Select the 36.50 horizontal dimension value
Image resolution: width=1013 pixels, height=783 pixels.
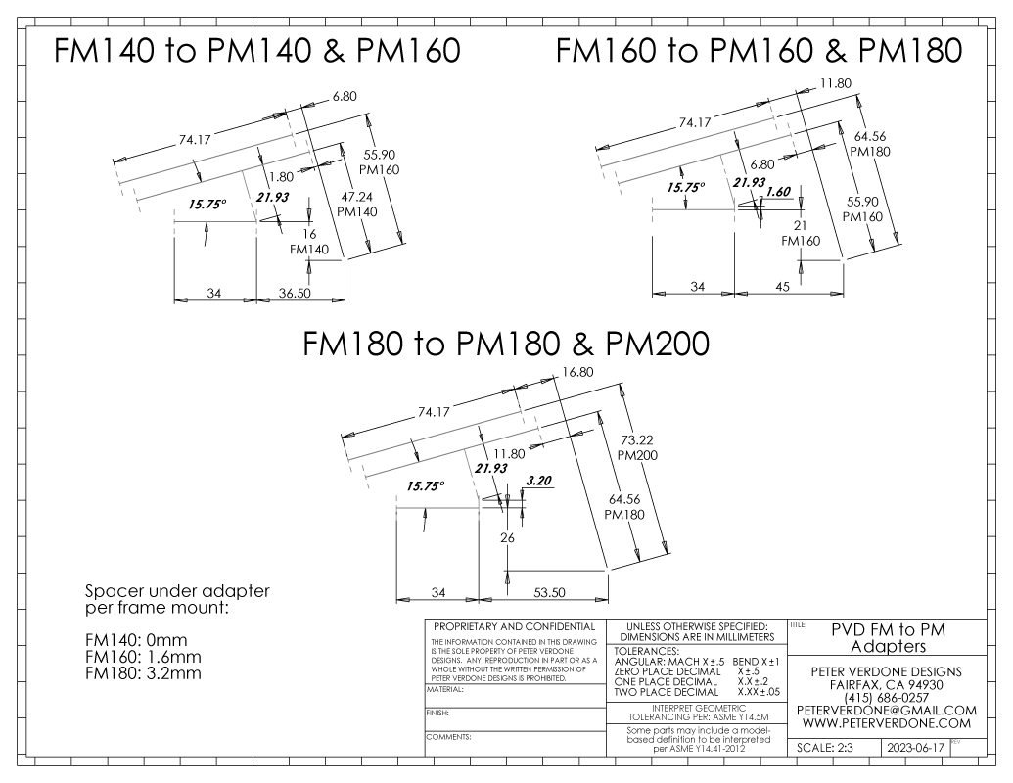299,293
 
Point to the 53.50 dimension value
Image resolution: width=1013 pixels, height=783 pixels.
539,594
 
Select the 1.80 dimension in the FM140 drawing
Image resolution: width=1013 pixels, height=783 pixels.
282,177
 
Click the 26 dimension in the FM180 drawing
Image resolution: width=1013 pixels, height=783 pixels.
507,537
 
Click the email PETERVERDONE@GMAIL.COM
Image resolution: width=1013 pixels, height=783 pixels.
889,710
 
